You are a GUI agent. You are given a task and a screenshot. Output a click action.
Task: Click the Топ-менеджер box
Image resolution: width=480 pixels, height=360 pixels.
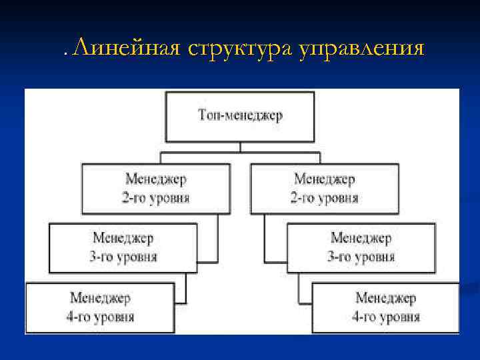click(240, 117)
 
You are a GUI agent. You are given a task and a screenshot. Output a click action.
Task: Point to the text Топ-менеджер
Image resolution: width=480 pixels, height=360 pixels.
click(240, 115)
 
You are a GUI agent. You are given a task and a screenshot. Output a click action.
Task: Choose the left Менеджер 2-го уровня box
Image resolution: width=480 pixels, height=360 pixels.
click(156, 189)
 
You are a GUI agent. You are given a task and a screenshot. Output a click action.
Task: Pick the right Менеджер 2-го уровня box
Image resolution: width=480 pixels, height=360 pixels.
click(325, 189)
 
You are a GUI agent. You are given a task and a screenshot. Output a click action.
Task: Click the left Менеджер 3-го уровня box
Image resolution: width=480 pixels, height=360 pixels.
click(123, 247)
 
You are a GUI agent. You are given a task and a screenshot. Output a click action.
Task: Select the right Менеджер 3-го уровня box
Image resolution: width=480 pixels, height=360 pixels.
click(361, 247)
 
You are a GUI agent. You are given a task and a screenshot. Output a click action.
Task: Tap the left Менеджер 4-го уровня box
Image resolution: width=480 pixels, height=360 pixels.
click(100, 307)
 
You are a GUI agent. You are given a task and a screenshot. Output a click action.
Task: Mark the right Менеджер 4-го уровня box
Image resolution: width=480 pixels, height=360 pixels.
click(385, 307)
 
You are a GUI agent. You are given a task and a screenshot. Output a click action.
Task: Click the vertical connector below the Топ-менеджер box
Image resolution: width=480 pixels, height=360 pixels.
click(240, 147)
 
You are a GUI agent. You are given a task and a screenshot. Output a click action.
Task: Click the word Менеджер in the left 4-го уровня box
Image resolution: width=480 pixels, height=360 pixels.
click(100, 298)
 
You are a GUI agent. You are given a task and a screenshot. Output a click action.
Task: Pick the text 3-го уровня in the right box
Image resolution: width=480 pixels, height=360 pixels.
click(361, 257)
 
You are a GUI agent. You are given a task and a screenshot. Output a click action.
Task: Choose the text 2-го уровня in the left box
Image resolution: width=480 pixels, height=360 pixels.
click(156, 198)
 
